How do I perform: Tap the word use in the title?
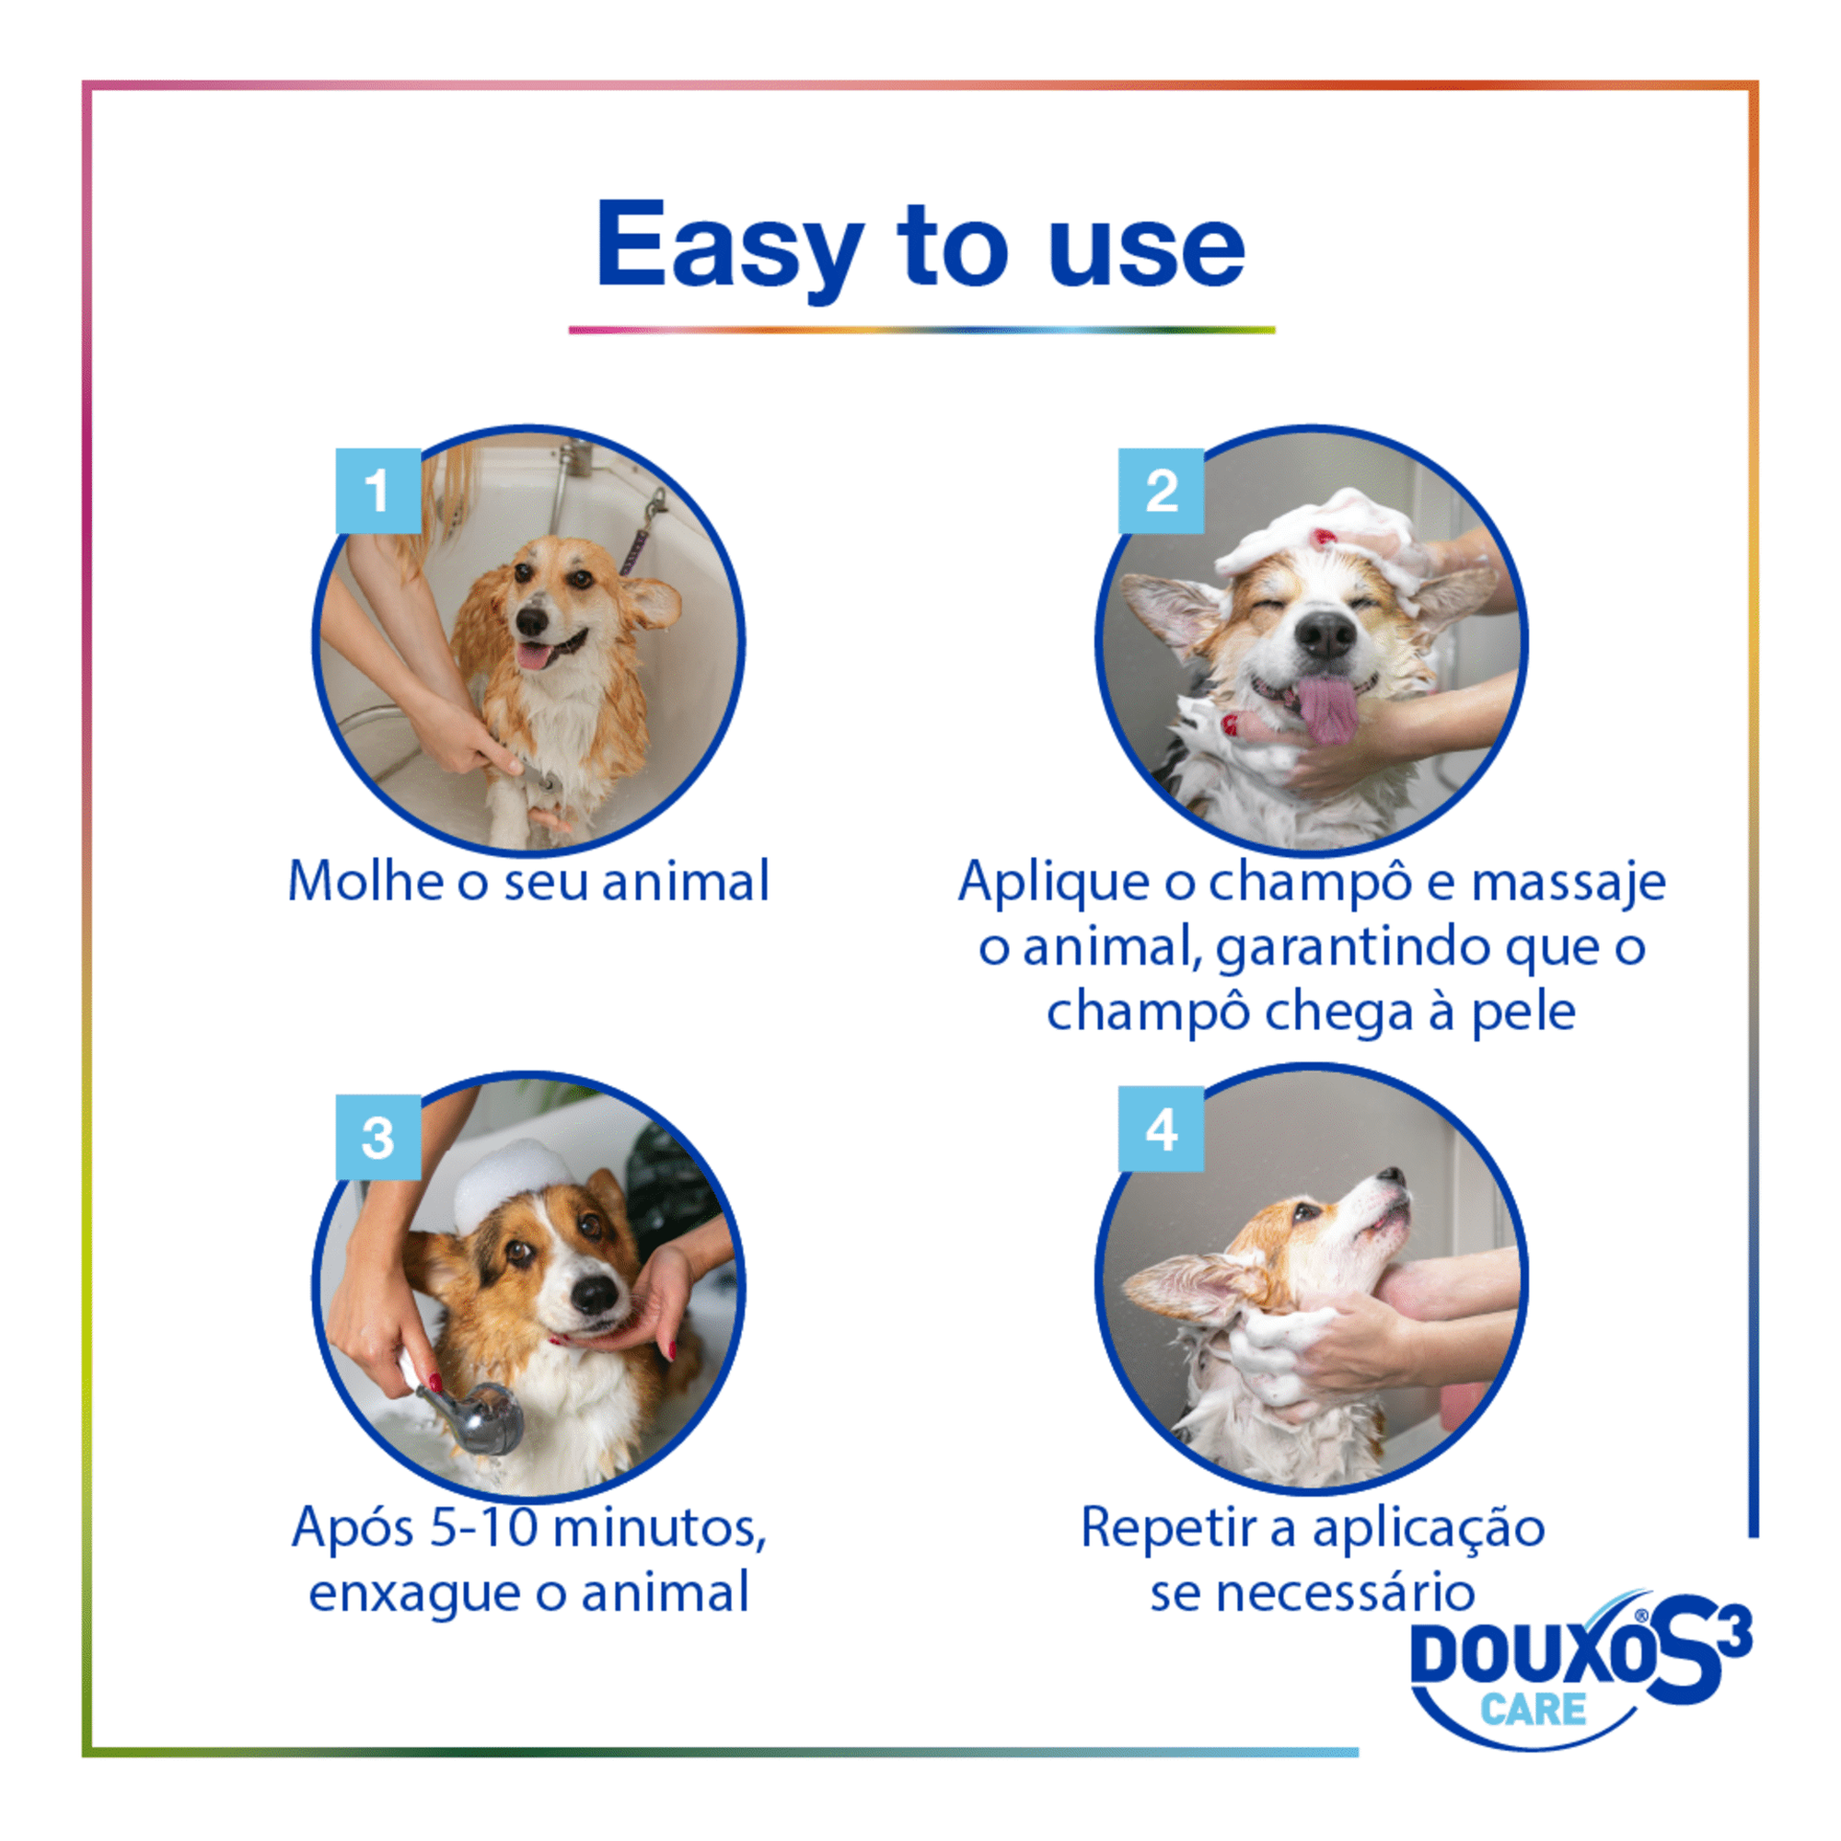(x=1146, y=249)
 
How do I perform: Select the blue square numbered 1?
(x=378, y=491)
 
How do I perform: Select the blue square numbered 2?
(x=1161, y=491)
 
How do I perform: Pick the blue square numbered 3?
(x=378, y=1137)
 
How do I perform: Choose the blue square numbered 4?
(x=1161, y=1129)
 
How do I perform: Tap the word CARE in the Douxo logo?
(x=1533, y=1708)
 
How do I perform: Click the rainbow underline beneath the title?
(x=921, y=330)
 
